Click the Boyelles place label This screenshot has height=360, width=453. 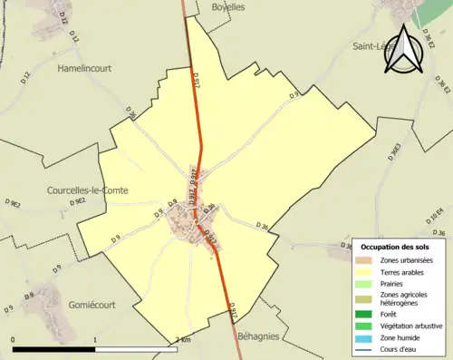pyautogui.click(x=227, y=6)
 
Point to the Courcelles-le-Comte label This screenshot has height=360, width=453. pyautogui.click(x=87, y=190)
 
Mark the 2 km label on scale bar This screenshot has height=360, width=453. pyautogui.click(x=184, y=340)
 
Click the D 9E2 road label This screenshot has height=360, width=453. pyautogui.click(x=15, y=206)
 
